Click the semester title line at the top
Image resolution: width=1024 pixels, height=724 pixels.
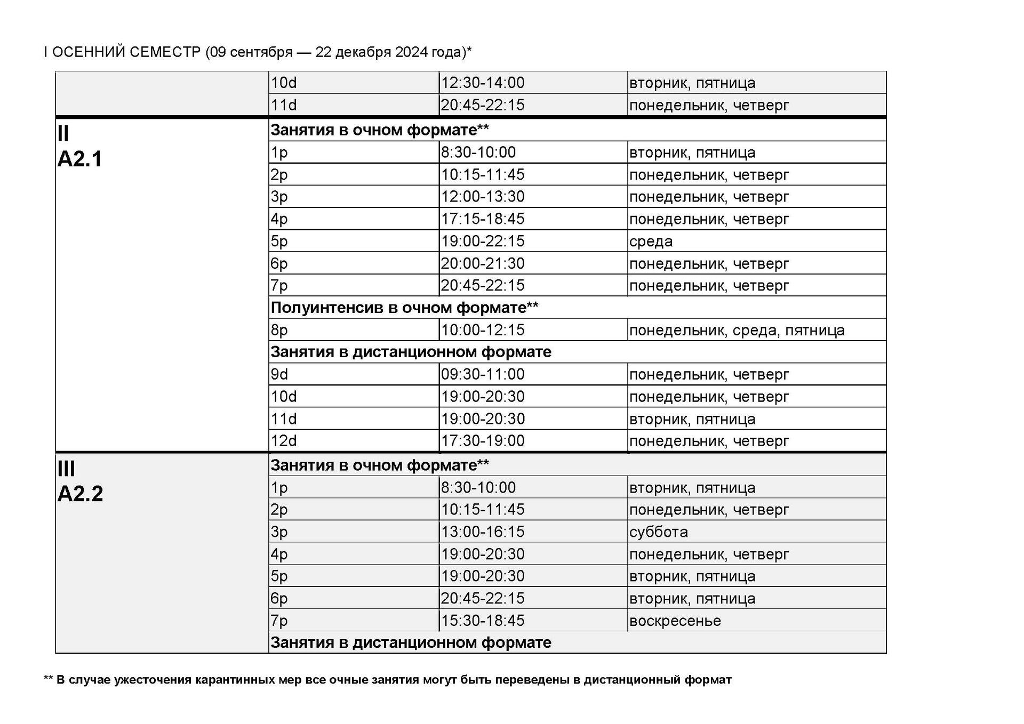pos(258,52)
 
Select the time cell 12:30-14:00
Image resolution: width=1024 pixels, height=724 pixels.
pos(482,83)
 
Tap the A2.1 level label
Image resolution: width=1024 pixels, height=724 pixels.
pos(79,159)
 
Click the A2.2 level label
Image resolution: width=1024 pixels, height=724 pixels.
pos(80,494)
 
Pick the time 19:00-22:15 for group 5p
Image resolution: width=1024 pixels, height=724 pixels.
pos(482,241)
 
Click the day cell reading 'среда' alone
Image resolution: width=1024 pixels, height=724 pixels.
pos(651,242)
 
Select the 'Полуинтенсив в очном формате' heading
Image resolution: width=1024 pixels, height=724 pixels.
pos(404,308)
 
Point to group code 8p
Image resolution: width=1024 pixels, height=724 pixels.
pos(279,330)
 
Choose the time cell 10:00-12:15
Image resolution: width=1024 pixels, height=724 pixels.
pos(482,330)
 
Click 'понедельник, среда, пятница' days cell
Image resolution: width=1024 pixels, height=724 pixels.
pos(737,331)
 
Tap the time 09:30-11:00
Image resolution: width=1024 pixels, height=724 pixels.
pos(482,374)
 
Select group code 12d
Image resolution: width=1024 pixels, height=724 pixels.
pos(283,441)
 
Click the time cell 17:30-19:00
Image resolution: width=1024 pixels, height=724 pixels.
pos(482,441)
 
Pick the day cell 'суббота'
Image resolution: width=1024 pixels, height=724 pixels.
pos(658,532)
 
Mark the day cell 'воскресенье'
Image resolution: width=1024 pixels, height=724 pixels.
pos(675,621)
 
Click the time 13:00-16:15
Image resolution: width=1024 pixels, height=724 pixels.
pos(482,532)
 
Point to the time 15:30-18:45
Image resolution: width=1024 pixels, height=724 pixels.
pos(482,621)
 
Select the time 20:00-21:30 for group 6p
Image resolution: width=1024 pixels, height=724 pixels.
pos(482,263)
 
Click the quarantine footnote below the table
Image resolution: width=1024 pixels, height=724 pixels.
pos(388,680)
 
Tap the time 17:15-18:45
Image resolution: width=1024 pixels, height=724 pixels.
pos(482,219)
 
